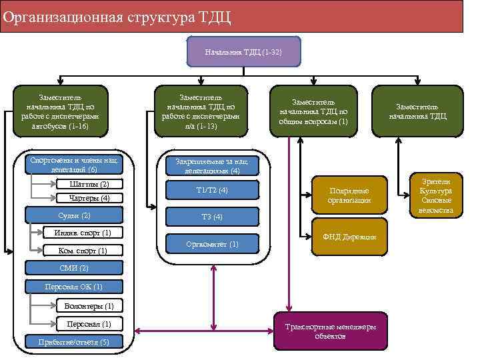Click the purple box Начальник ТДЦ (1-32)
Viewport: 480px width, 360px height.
(243, 52)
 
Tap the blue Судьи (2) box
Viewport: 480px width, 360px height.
(73, 215)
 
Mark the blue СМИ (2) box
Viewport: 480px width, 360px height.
(73, 268)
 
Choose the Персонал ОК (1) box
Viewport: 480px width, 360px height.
(73, 287)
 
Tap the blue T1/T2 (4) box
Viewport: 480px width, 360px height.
(212, 191)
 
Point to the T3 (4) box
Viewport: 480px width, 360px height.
(212, 217)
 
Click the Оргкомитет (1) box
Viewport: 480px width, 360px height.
(212, 244)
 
